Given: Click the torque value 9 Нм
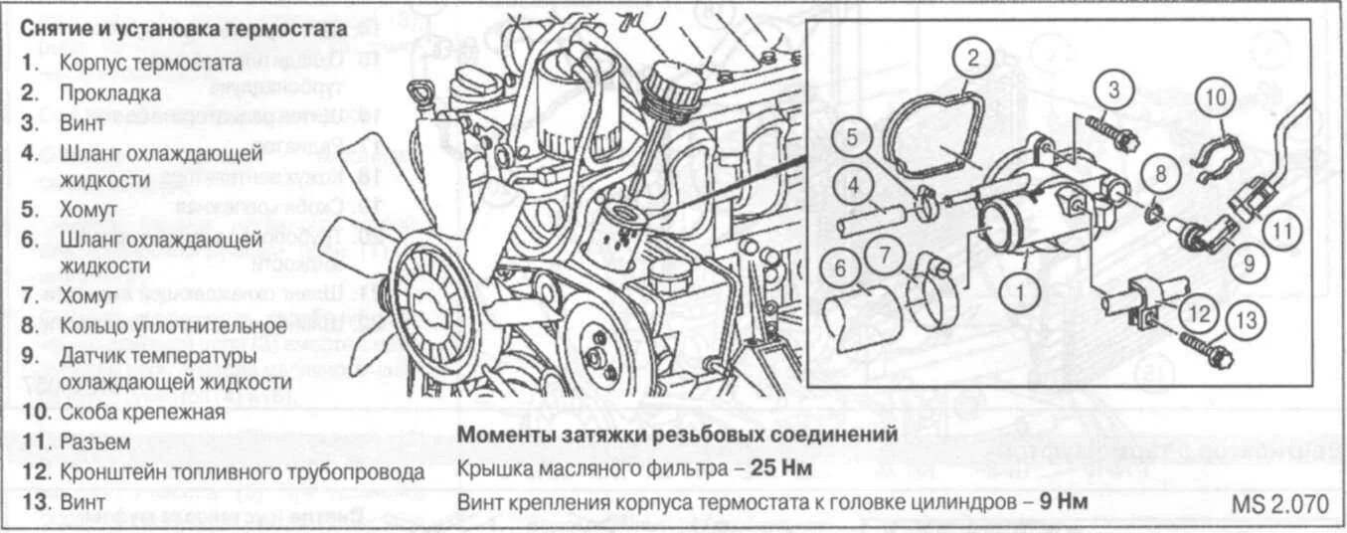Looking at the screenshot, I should (x=1063, y=501).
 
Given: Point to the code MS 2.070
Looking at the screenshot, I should (x=1280, y=504).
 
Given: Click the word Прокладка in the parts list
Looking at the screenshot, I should (x=109, y=93).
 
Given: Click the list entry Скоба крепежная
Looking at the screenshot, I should (x=141, y=412).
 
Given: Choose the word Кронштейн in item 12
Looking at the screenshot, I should (x=109, y=471).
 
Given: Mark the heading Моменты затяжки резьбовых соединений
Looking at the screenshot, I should (x=679, y=435).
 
